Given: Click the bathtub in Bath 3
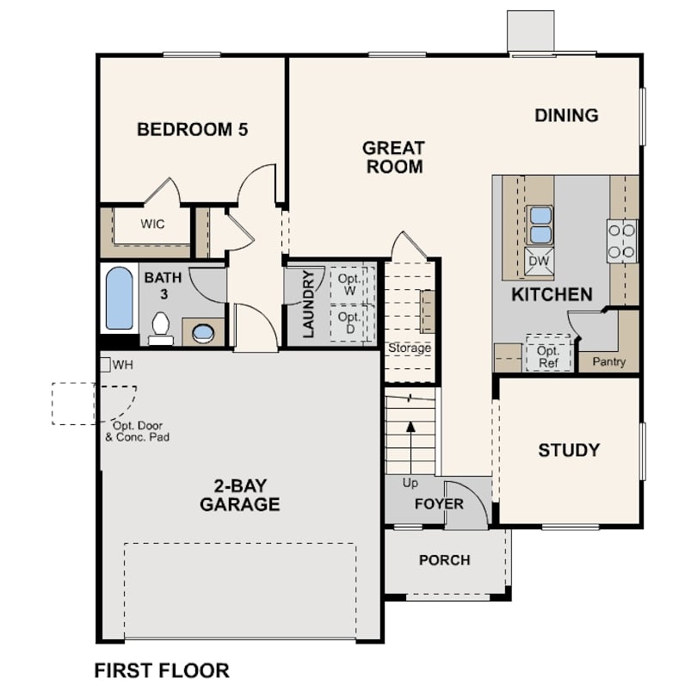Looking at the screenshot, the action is pyautogui.click(x=119, y=299).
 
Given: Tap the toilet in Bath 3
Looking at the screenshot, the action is pyautogui.click(x=160, y=329).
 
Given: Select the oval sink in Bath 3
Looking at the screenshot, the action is pyautogui.click(x=203, y=332).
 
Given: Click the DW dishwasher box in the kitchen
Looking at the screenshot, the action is pyautogui.click(x=540, y=261).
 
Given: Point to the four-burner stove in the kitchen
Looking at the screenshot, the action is pyautogui.click(x=622, y=242).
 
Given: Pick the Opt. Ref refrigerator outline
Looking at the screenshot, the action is pyautogui.click(x=548, y=354).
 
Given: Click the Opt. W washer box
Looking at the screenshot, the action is pyautogui.click(x=349, y=285).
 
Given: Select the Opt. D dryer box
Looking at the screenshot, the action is pyautogui.click(x=349, y=324).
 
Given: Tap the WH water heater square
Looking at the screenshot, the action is pyautogui.click(x=105, y=365).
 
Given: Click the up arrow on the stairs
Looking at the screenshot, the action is pyautogui.click(x=410, y=448).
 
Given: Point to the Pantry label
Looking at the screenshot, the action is pyautogui.click(x=609, y=361).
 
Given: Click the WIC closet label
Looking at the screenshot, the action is pyautogui.click(x=152, y=224).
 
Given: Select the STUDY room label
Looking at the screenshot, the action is pyautogui.click(x=569, y=450).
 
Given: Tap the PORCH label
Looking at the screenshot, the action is pyautogui.click(x=445, y=560).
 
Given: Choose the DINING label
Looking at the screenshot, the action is pyautogui.click(x=566, y=115).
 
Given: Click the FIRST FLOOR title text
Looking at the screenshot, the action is pyautogui.click(x=162, y=670).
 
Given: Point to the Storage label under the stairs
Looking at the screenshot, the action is pyautogui.click(x=410, y=348).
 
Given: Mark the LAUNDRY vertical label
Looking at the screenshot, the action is pyautogui.click(x=308, y=304).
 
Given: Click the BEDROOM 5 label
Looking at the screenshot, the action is pyautogui.click(x=192, y=129).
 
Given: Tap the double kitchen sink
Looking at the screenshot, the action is pyautogui.click(x=540, y=225).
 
